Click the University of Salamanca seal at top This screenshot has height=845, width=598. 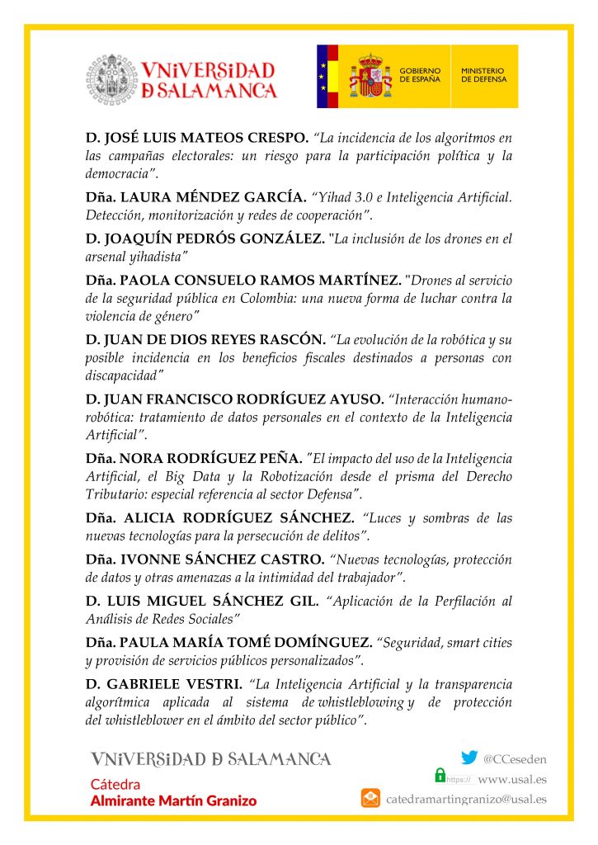click(x=113, y=79)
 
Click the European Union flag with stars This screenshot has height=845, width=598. click(x=324, y=77)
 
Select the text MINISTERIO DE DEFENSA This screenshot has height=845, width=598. click(x=483, y=75)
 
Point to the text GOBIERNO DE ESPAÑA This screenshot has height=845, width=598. click(x=420, y=75)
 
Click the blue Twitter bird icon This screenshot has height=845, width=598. click(x=469, y=758)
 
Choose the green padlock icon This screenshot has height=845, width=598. click(x=440, y=776)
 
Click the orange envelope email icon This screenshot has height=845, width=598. click(x=370, y=798)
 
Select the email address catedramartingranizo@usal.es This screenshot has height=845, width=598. click(x=466, y=799)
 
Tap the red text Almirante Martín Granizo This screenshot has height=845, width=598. click(x=173, y=800)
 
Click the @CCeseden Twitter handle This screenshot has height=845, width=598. click(x=515, y=758)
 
